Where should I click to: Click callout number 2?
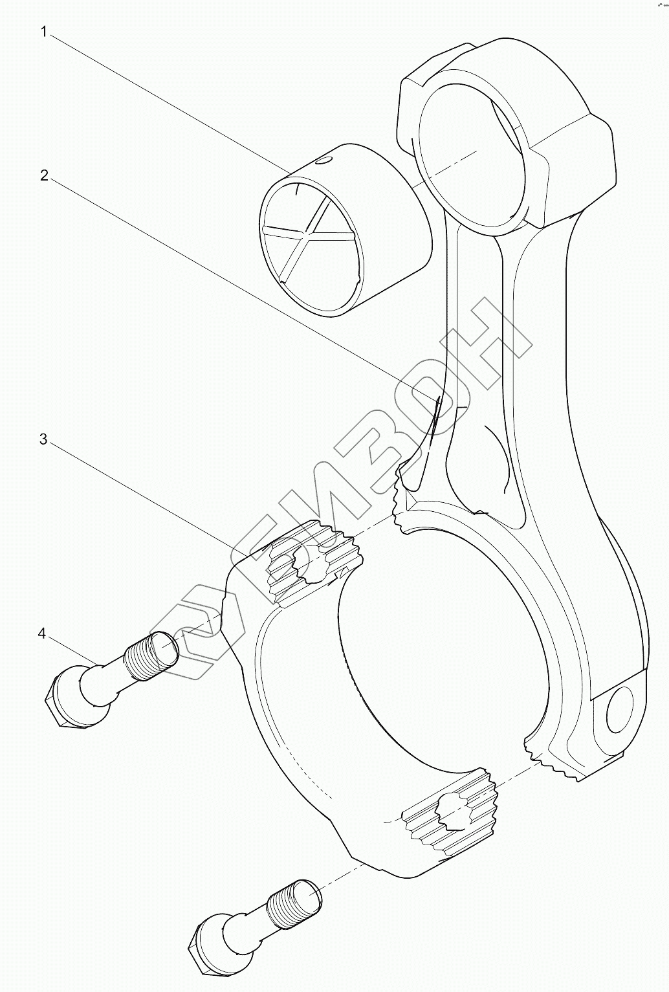point(44,175)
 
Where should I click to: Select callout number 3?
point(43,439)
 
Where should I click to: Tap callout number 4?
point(42,634)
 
